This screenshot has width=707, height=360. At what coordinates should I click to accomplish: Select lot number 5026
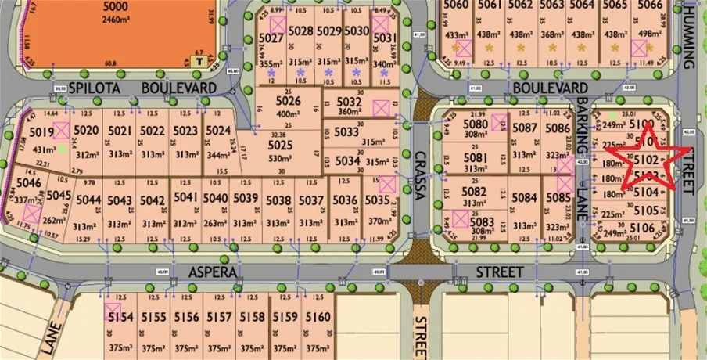tap(289, 101)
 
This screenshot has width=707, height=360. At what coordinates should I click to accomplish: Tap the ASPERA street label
tap(212, 271)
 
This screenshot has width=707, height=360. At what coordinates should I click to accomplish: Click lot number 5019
tap(41, 132)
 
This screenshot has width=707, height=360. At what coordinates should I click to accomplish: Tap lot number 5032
tap(349, 101)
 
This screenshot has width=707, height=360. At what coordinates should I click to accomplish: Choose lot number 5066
tap(650, 5)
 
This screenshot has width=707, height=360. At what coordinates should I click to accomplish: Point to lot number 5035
tap(376, 200)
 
